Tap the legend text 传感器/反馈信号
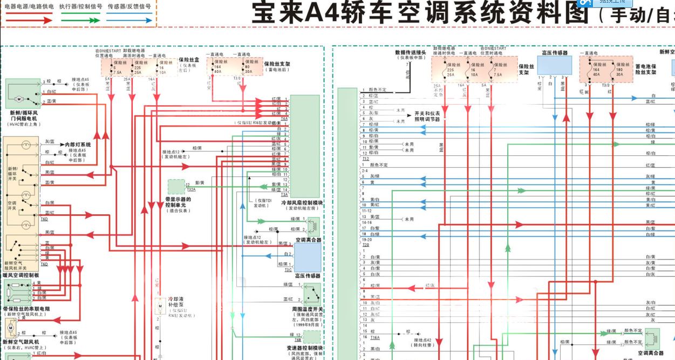click(129, 6)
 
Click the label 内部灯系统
click(78, 145)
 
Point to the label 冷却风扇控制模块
click(302, 203)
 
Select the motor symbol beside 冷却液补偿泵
click(160, 307)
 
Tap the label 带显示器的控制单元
click(178, 202)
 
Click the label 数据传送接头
click(411, 52)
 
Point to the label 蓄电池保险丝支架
click(645, 69)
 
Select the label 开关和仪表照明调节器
click(427, 117)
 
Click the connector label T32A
click(191, 190)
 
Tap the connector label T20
click(365, 244)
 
